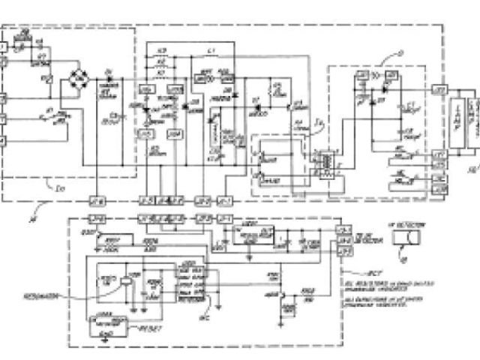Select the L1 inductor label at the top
211,50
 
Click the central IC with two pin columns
188,283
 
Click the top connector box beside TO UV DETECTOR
345,229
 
